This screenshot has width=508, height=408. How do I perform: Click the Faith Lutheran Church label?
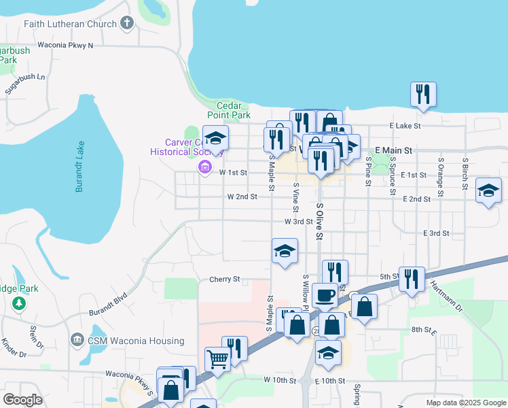tap(69, 24)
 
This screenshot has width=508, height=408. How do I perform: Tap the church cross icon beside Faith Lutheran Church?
tap(126, 24)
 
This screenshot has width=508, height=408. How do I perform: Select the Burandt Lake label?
tap(79, 167)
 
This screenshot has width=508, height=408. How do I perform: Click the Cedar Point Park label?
tap(234, 110)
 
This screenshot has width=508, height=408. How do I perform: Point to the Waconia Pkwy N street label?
tap(66, 45)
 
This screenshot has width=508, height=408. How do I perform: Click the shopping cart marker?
tap(217, 358)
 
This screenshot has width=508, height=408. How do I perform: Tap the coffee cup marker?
tap(325, 294)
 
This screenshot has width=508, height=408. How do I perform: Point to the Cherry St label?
tap(225, 279)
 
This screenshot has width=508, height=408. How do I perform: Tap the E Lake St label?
tap(405, 126)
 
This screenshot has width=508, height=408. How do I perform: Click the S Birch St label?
tap(465, 177)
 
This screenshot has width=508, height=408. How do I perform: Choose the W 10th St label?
tap(280, 379)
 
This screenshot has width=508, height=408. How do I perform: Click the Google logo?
tap(22, 400)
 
